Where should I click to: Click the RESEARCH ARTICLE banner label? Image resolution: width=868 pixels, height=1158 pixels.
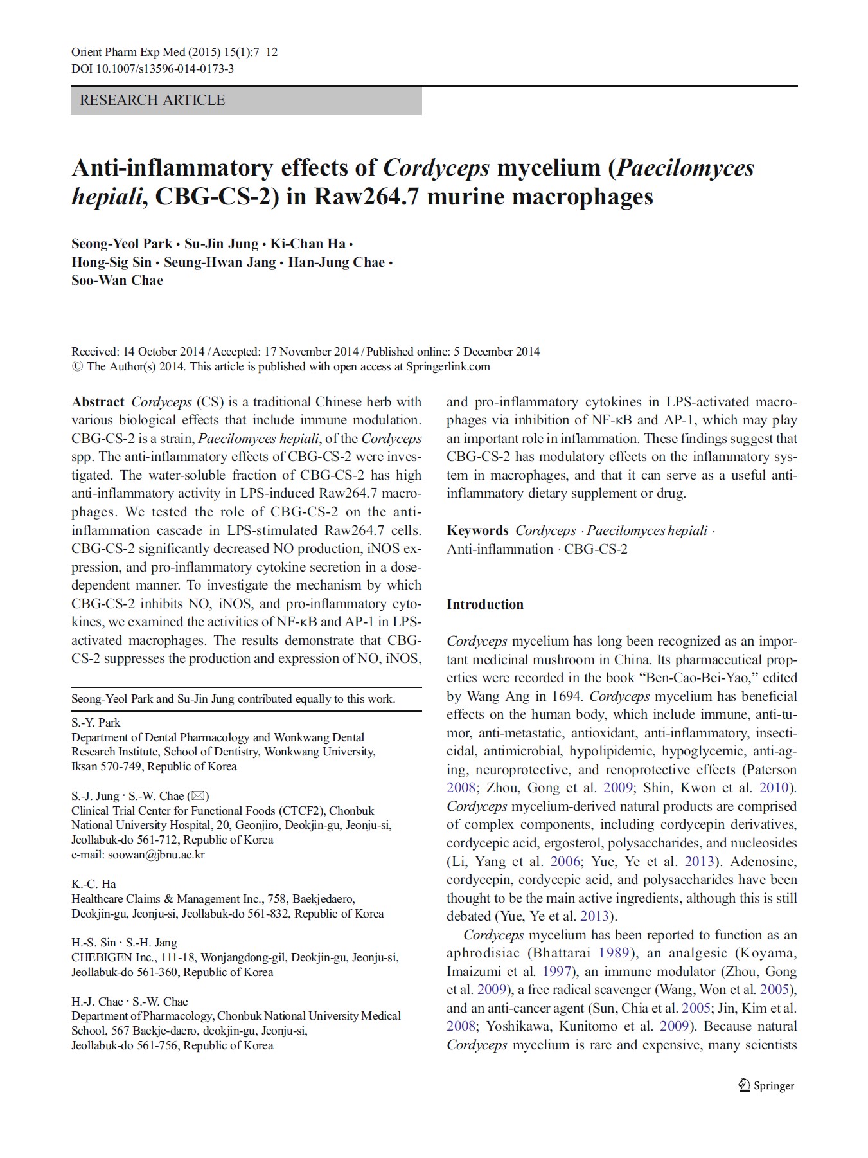click(152, 100)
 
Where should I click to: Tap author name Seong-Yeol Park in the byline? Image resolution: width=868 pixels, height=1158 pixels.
click(122, 244)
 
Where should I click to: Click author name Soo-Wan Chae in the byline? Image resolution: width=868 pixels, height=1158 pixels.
click(117, 280)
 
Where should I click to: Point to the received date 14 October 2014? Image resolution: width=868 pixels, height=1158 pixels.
click(163, 352)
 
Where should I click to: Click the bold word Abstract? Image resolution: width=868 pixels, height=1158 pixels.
click(98, 402)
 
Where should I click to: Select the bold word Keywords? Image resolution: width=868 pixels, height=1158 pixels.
click(477, 530)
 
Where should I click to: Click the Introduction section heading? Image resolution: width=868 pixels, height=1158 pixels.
click(485, 604)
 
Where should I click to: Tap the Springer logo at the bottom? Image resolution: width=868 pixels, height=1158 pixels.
click(766, 1086)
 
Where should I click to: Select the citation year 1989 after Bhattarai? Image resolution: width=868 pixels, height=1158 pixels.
click(614, 954)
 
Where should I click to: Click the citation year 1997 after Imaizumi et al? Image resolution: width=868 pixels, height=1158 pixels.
click(557, 972)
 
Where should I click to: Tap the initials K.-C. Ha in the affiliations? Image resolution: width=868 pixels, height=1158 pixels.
click(94, 884)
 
